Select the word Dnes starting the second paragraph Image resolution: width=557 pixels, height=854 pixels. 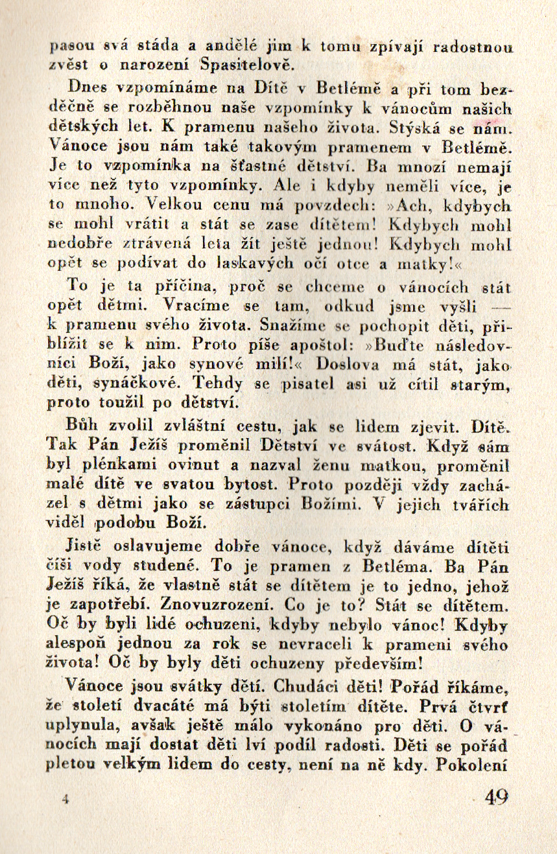point(86,87)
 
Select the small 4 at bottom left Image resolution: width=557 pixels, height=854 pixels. point(65,799)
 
